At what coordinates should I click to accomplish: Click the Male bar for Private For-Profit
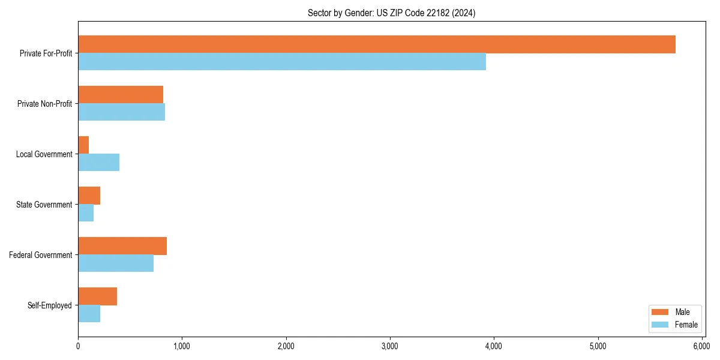[377, 44]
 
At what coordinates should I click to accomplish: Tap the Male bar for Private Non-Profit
[121, 95]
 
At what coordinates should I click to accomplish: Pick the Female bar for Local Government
[99, 163]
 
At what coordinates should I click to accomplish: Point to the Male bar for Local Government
[83, 145]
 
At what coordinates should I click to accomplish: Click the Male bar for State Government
[89, 196]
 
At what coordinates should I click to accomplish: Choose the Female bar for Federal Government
[116, 263]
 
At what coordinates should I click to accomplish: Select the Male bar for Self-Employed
[98, 296]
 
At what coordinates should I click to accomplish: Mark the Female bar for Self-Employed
[89, 314]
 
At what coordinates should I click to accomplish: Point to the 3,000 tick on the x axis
[390, 346]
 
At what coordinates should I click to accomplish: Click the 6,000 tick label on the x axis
[701, 346]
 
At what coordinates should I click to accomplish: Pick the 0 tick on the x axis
[78, 346]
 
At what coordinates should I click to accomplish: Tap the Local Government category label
[44, 154]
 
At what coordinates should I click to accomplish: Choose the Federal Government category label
[41, 255]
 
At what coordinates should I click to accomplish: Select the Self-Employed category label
[50, 305]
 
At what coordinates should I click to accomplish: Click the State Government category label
[44, 205]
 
